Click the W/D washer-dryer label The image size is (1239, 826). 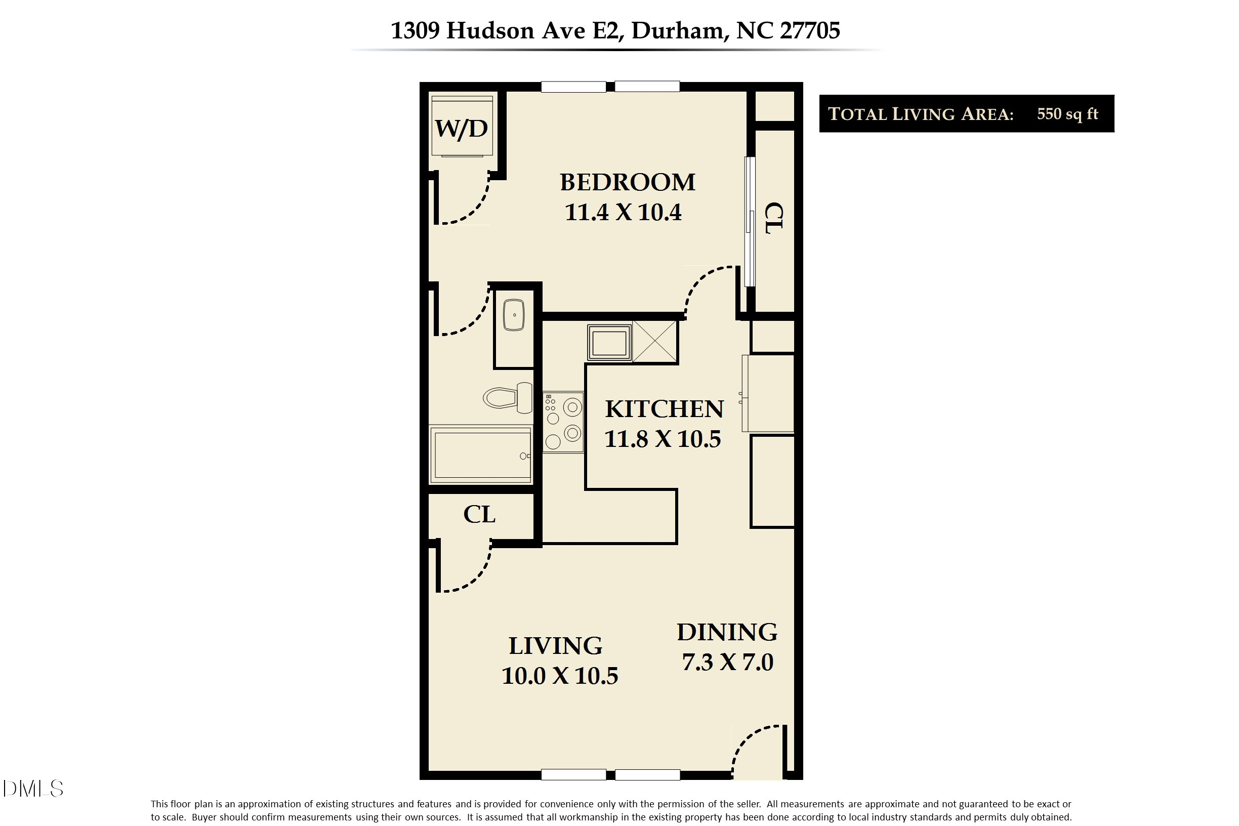click(x=461, y=128)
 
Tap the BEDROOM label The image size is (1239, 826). click(x=627, y=182)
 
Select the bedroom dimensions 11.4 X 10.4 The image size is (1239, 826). click(x=623, y=212)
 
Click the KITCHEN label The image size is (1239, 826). click(x=664, y=409)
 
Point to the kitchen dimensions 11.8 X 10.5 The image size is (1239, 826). click(x=662, y=439)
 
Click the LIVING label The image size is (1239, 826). click(x=555, y=646)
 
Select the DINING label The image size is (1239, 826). click(x=727, y=632)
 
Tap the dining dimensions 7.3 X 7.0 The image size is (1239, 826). click(x=727, y=662)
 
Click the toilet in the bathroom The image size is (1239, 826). click(x=508, y=398)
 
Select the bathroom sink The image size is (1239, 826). click(x=514, y=315)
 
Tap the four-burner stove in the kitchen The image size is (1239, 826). click(x=563, y=422)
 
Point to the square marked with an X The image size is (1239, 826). click(x=655, y=342)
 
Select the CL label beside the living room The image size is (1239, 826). click(x=479, y=515)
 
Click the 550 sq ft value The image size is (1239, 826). click(x=1067, y=114)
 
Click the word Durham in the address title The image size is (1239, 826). click(x=677, y=30)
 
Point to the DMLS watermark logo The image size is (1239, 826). click(x=33, y=789)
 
